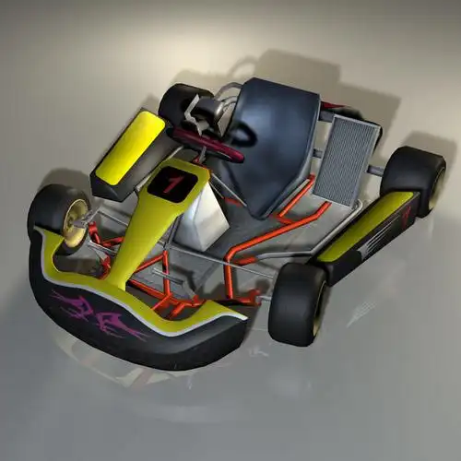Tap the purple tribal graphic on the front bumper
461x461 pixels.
coord(97,309)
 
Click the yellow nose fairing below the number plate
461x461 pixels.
coord(148,230)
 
